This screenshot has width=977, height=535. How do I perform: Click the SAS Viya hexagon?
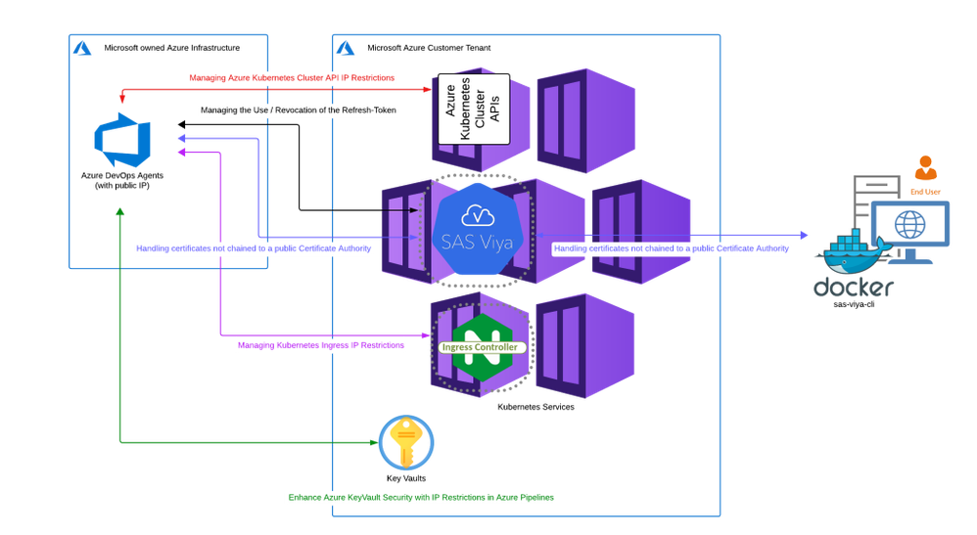(x=476, y=233)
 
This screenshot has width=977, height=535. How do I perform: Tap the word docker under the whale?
(x=853, y=288)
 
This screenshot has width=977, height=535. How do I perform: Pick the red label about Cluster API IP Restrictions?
(x=292, y=77)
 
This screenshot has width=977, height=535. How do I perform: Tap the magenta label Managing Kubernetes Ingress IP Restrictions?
(x=320, y=345)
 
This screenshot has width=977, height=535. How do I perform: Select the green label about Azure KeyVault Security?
(x=421, y=497)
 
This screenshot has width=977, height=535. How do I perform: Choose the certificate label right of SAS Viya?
(x=672, y=249)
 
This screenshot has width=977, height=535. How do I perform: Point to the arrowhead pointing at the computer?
(x=805, y=236)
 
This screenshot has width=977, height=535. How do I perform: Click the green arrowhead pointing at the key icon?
(x=373, y=442)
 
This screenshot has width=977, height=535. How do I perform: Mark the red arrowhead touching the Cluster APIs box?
(x=428, y=91)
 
